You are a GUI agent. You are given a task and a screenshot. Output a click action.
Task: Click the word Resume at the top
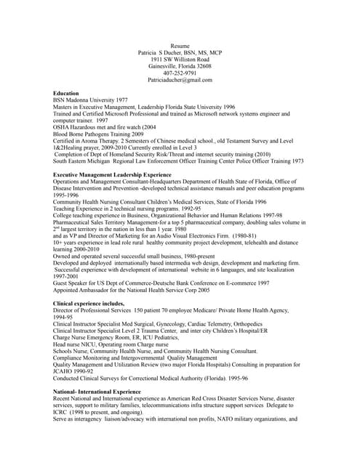(180, 46)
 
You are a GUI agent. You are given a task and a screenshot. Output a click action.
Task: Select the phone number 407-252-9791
(180, 73)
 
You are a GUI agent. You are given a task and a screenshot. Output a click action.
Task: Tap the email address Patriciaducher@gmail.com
(180, 80)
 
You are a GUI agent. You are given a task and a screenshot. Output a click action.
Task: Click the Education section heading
(67, 94)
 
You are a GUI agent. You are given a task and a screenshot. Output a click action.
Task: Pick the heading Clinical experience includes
(93, 302)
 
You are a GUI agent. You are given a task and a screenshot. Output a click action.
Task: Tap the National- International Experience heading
(97, 392)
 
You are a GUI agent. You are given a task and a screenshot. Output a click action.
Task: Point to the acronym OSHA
(63, 127)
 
